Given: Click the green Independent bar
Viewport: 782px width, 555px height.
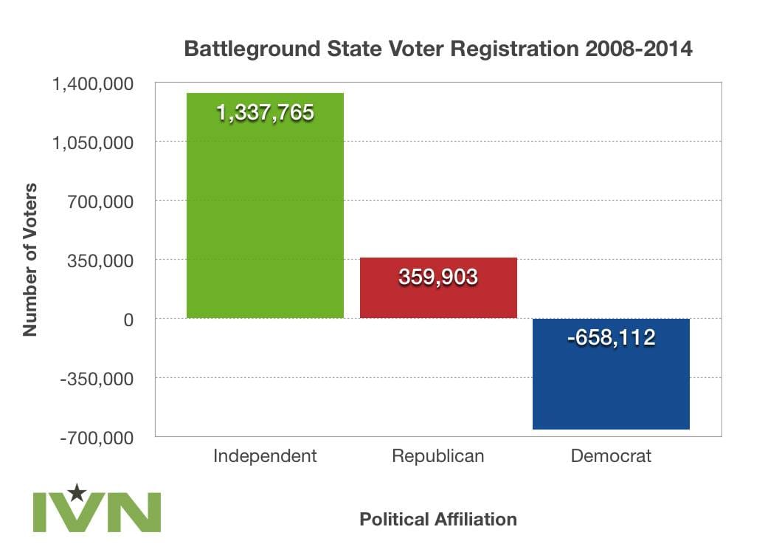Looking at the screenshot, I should (x=265, y=214).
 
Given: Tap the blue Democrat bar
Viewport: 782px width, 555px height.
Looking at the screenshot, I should (x=611, y=384).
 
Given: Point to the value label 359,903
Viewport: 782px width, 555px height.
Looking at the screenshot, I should (x=438, y=277).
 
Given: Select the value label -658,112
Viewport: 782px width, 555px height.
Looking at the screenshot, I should (x=611, y=338).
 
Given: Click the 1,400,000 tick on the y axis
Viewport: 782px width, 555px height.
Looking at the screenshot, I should (x=93, y=83).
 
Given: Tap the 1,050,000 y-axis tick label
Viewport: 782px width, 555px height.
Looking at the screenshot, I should (x=93, y=142).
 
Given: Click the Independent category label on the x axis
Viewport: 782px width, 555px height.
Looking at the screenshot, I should (x=265, y=456).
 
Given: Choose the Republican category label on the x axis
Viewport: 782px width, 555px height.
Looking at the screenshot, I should (x=438, y=456).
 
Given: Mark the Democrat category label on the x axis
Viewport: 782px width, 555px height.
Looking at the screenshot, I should (x=611, y=456).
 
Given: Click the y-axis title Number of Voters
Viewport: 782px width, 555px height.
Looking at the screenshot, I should (x=30, y=260).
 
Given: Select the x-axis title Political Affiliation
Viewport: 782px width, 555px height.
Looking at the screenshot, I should (x=438, y=520).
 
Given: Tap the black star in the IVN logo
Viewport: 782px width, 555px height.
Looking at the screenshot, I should (x=76, y=492).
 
